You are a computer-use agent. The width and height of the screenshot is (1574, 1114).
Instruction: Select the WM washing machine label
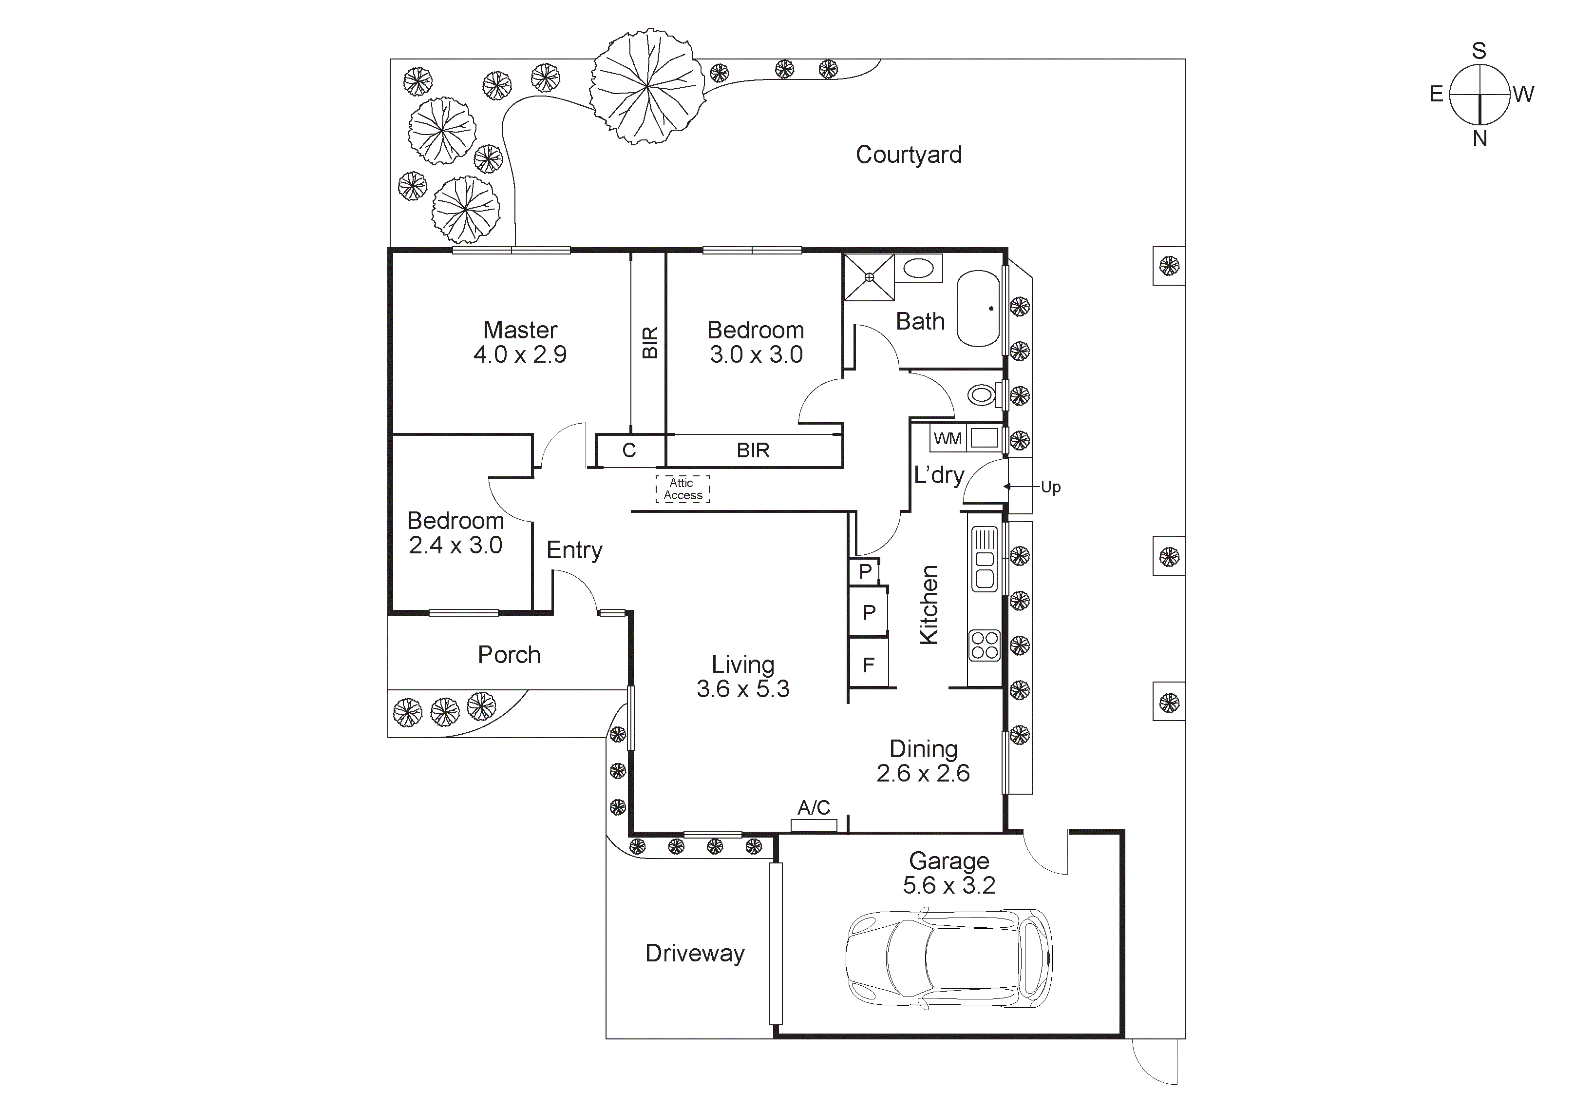[x=948, y=438]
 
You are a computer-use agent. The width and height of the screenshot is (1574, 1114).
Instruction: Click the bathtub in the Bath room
[x=979, y=309]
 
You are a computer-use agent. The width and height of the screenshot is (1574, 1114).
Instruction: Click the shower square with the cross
[x=869, y=277]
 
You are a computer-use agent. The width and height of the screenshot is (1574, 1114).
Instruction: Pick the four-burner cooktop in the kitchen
[x=985, y=645]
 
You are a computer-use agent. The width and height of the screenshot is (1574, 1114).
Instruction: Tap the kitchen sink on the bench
[x=985, y=568]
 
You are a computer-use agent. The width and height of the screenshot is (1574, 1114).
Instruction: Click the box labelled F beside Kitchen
[x=869, y=664]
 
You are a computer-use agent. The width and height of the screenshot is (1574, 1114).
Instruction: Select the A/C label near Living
[x=814, y=807]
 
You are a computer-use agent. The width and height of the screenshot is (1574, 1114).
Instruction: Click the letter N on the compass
[x=1479, y=139]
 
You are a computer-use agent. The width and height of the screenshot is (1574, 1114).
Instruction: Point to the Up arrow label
[x=1050, y=487]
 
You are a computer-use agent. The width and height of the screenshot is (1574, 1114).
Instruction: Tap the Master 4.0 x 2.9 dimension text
[x=520, y=354]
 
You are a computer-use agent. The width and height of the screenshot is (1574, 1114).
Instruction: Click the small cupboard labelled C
[x=629, y=450]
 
